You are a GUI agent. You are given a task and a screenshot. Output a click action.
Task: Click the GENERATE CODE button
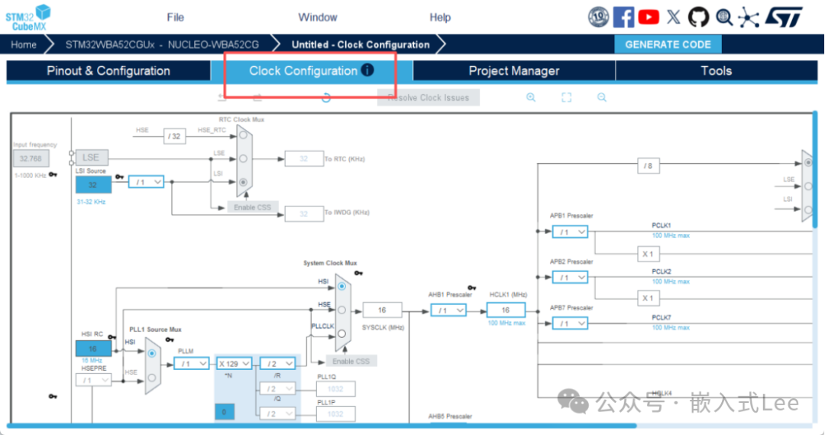click(x=668, y=44)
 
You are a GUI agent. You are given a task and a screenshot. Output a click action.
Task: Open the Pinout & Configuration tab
click(x=108, y=71)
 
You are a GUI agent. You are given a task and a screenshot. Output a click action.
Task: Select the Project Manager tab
click(x=513, y=71)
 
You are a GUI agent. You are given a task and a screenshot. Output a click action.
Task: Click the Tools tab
click(x=716, y=71)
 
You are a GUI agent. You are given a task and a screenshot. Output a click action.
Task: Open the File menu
click(x=175, y=18)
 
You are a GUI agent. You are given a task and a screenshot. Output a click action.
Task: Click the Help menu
click(x=440, y=18)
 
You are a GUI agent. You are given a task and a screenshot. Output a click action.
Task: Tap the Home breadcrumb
click(x=24, y=44)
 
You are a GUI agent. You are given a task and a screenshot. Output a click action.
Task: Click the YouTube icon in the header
click(x=649, y=17)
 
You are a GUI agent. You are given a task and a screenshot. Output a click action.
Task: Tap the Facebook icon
click(x=623, y=17)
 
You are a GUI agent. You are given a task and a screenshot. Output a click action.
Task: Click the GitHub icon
click(x=698, y=17)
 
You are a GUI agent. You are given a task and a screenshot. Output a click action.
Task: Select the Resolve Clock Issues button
click(x=428, y=98)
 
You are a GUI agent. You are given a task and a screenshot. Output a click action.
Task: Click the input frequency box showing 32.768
click(x=31, y=158)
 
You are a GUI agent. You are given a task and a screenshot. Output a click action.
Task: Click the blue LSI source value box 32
click(x=92, y=184)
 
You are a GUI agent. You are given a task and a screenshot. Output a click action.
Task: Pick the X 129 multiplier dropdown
click(x=235, y=364)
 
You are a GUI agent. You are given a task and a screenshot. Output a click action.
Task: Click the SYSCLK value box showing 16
click(x=382, y=310)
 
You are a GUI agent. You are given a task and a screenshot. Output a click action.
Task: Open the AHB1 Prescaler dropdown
click(x=448, y=310)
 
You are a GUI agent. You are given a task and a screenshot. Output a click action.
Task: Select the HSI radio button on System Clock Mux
click(x=341, y=285)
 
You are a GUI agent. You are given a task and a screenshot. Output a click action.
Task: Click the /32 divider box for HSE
click(x=175, y=136)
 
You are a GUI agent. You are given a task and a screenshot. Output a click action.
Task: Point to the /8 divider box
click(x=648, y=165)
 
